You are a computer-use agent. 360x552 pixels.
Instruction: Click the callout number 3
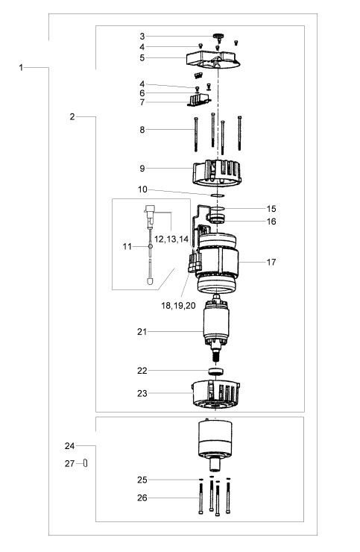142,37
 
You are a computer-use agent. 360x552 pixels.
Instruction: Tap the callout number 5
142,57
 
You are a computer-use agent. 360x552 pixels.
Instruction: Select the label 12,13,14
171,239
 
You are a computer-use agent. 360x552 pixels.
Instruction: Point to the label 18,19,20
178,306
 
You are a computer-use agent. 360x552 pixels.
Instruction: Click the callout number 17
271,262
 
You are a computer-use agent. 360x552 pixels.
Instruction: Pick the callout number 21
142,332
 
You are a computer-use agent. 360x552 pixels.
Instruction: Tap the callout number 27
69,464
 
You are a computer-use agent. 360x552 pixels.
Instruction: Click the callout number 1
21,67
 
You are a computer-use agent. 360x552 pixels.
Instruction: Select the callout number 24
69,446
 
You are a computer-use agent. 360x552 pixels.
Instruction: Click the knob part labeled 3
218,36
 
